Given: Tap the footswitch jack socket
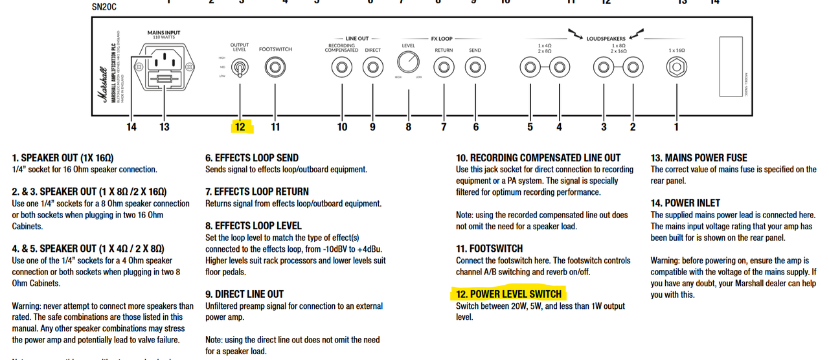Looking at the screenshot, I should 275,67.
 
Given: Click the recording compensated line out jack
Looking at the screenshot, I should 341,67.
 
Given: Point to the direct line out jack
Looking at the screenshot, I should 372,67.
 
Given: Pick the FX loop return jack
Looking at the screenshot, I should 444,67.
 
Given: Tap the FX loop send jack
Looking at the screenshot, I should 475,67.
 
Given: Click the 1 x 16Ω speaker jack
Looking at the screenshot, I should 677,67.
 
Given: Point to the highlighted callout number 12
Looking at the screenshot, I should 240,127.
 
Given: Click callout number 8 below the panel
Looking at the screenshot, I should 409,127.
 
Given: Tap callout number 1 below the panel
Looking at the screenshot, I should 676,127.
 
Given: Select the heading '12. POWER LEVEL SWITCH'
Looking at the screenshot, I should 508,294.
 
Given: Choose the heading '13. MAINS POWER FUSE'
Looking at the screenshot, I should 698,157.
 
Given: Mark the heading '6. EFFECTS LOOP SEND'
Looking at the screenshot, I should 252,157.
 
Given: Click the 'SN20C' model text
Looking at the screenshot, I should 104,7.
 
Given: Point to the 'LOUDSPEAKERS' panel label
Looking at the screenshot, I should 606,39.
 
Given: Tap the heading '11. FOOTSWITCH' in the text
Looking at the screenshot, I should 489,249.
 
